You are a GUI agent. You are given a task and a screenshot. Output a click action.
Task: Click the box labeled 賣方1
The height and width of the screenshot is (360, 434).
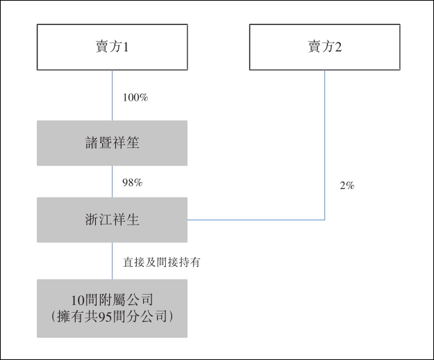click(112, 47)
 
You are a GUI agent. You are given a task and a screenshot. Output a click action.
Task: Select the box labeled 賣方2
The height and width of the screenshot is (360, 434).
click(325, 47)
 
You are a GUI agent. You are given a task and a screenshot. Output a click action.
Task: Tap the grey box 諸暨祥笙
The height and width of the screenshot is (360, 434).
click(112, 143)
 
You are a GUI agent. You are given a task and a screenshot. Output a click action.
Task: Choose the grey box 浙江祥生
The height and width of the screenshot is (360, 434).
click(112, 220)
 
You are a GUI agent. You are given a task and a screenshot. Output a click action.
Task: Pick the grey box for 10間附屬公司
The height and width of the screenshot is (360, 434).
click(112, 309)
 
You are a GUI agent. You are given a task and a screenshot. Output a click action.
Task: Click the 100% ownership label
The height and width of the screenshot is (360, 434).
click(135, 97)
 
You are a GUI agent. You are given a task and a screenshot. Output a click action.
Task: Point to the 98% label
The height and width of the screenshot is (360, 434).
click(133, 182)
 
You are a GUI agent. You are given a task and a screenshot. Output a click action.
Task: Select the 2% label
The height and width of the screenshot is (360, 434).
click(347, 186)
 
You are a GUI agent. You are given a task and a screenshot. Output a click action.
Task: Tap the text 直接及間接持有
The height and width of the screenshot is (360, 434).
click(162, 262)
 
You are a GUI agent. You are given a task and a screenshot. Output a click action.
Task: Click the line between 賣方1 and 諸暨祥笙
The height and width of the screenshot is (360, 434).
click(112, 95)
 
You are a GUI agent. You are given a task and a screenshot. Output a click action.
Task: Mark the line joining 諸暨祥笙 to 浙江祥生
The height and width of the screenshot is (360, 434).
click(112, 181)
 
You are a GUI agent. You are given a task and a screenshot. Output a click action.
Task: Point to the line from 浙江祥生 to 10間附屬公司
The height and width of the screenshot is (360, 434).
click(112, 261)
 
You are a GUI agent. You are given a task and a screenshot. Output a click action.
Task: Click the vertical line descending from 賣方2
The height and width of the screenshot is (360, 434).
click(325, 139)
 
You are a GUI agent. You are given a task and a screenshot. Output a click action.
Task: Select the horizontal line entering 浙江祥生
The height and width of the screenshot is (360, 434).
click(257, 220)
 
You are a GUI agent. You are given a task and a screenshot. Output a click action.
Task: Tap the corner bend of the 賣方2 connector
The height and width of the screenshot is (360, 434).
click(325, 220)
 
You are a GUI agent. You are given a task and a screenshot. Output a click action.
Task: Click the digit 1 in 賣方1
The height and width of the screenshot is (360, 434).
click(128, 47)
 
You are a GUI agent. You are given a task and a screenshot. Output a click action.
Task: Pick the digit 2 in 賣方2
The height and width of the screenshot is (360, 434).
click(340, 47)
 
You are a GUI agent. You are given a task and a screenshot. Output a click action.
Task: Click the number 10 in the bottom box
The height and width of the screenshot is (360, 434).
click(78, 300)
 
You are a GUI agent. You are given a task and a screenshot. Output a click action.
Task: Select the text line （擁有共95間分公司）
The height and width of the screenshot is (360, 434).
click(112, 317)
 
